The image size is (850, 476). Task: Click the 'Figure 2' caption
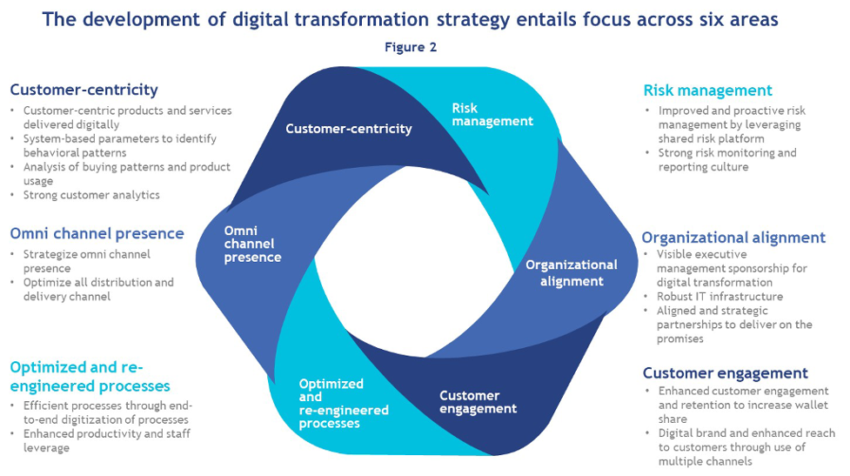411,48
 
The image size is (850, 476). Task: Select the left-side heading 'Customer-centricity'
84,90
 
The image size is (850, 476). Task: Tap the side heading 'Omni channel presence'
97,233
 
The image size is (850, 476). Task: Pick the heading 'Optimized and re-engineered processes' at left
89,376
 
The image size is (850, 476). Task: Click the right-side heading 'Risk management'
707,91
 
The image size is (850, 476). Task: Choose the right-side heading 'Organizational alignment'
733,238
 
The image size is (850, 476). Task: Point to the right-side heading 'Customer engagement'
725,373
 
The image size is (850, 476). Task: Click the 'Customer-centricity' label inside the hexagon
348,129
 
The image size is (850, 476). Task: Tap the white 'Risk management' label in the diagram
492,114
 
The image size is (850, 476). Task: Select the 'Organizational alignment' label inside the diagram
571,272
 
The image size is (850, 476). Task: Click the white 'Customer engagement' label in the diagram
477,402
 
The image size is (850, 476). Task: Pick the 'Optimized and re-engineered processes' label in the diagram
343,403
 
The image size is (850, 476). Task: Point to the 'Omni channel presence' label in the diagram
252,244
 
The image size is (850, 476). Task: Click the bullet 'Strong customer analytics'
91,195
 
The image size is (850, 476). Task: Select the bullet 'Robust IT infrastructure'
719,297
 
